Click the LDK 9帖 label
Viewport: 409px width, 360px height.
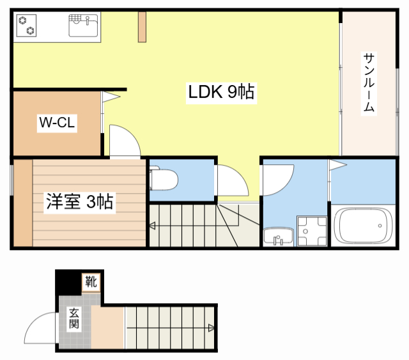click(221, 93)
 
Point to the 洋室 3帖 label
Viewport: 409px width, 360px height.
click(79, 202)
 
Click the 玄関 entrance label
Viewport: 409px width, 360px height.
click(74, 318)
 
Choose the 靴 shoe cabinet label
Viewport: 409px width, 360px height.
click(91, 280)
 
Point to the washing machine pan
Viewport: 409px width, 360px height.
click(311, 231)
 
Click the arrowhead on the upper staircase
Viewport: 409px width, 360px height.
click(153, 225)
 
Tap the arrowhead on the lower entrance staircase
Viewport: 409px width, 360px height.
click(212, 329)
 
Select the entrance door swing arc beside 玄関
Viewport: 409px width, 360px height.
click(40, 329)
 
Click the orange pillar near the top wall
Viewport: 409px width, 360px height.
click(142, 26)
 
